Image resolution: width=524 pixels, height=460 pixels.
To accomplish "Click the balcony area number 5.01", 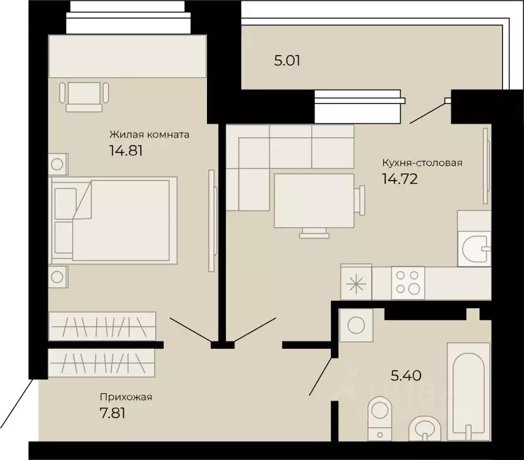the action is [x=287, y=61].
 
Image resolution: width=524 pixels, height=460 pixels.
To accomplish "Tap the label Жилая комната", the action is [x=149, y=135].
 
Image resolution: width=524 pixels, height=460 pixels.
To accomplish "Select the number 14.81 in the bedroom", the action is [x=126, y=150].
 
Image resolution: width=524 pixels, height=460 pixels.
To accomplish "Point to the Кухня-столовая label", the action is [x=422, y=163].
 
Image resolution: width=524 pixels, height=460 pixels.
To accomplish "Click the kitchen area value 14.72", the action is [x=400, y=179].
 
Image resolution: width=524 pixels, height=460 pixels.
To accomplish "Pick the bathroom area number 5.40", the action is [x=406, y=376].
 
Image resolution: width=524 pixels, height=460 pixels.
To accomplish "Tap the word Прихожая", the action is [x=126, y=397].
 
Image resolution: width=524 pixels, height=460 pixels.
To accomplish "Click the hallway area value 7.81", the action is [x=113, y=414].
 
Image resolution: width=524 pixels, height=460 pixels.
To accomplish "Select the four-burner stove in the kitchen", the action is [x=407, y=283].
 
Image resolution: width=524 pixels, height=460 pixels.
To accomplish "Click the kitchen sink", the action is [x=474, y=249].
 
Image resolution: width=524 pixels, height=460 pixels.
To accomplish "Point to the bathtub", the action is [x=468, y=391].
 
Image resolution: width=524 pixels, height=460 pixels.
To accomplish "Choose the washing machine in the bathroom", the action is [x=356, y=325].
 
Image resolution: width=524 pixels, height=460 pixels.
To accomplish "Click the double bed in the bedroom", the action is [x=113, y=221].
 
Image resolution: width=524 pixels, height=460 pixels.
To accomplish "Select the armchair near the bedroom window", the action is [x=84, y=96].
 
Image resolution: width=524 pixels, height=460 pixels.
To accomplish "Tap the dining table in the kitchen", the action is [x=314, y=201].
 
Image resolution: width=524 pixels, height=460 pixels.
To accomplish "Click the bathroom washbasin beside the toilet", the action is [x=424, y=429].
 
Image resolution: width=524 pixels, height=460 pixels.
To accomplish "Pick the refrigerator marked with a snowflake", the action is [x=356, y=282].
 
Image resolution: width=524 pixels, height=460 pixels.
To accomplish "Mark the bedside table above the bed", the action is [x=58, y=164].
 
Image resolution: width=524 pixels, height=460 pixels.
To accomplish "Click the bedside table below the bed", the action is [x=58, y=277].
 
